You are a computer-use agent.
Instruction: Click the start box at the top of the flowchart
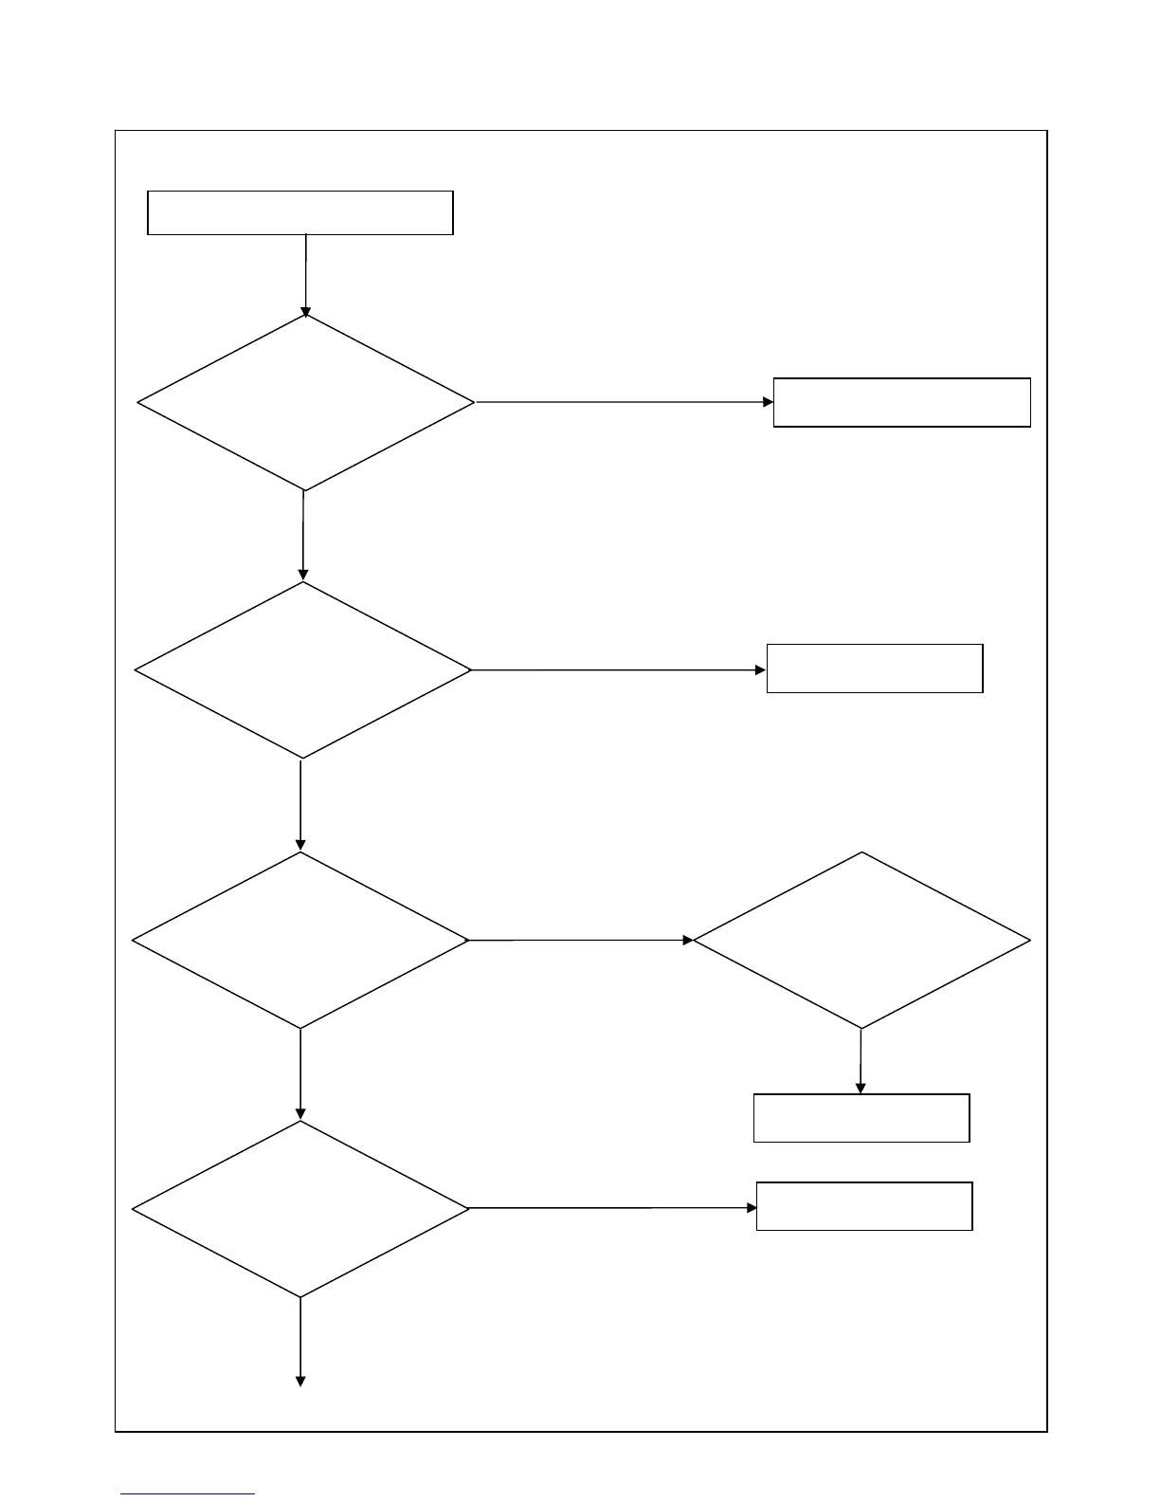click(x=300, y=212)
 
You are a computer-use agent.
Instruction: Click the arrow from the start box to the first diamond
click(x=305, y=275)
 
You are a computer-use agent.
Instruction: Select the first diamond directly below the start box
click(x=305, y=403)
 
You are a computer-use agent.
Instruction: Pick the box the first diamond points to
click(x=901, y=402)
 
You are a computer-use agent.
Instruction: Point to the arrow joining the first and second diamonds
click(x=303, y=536)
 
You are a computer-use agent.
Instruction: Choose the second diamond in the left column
click(x=303, y=670)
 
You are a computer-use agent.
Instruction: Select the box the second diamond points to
click(x=874, y=669)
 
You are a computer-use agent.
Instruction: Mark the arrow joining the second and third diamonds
click(x=300, y=805)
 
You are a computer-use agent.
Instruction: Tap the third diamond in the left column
click(x=300, y=940)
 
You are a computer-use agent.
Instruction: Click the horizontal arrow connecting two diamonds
click(x=581, y=940)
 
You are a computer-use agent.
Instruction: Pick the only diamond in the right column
click(x=861, y=940)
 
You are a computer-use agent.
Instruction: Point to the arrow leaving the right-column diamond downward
click(x=861, y=1061)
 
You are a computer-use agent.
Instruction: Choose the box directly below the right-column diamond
click(x=861, y=1118)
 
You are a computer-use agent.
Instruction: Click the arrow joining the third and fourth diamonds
click(x=300, y=1074)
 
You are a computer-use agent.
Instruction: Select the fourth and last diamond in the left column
click(x=300, y=1209)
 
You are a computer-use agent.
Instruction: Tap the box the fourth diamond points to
click(x=863, y=1206)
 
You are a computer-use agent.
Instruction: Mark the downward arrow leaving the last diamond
click(x=300, y=1342)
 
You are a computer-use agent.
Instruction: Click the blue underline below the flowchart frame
click(x=188, y=1493)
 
